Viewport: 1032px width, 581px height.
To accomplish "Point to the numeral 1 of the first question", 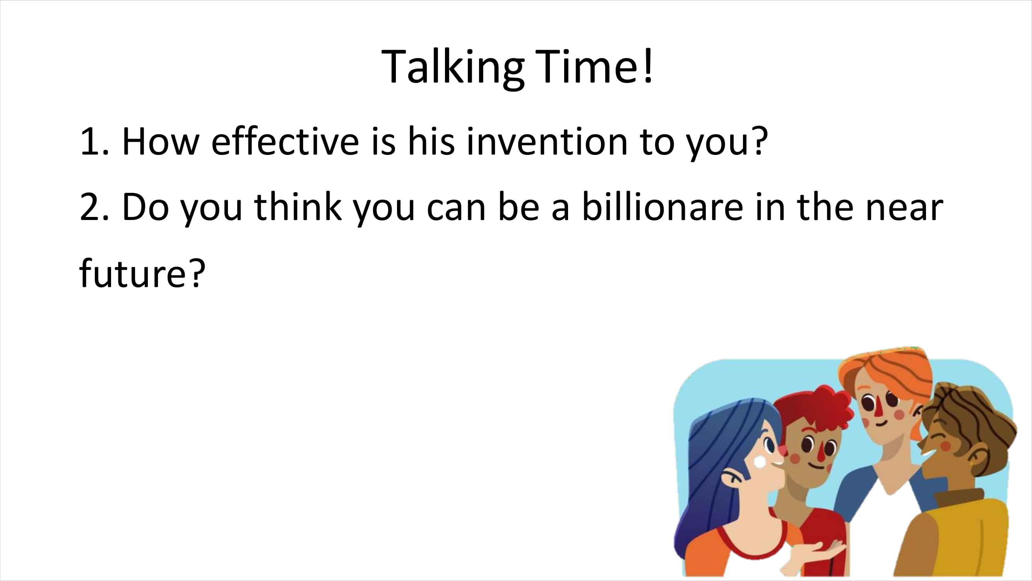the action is pyautogui.click(x=89, y=141).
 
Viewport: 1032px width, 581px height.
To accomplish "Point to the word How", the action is pyautogui.click(x=161, y=141).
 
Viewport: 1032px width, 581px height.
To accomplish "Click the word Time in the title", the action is pyautogui.click(x=588, y=66).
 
